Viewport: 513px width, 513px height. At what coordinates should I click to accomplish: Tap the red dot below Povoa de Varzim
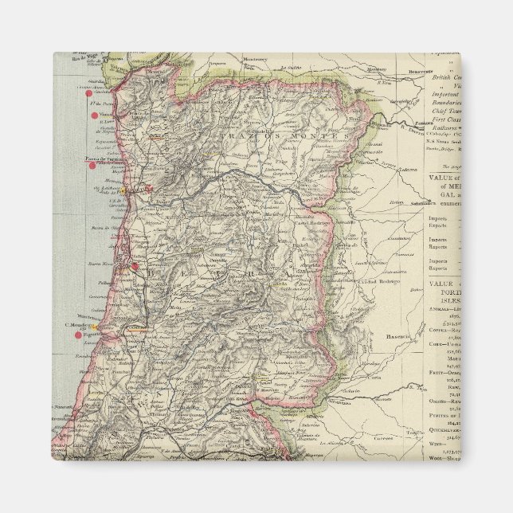coord(92,165)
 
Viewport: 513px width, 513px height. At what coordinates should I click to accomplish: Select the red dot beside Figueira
coord(78,335)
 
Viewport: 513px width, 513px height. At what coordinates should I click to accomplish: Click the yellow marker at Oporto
coord(124,191)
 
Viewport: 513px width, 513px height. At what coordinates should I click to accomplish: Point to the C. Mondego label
coord(76,325)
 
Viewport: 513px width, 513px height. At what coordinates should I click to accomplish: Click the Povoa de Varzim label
coord(104,159)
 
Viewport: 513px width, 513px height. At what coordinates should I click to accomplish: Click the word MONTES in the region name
coord(323,138)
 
